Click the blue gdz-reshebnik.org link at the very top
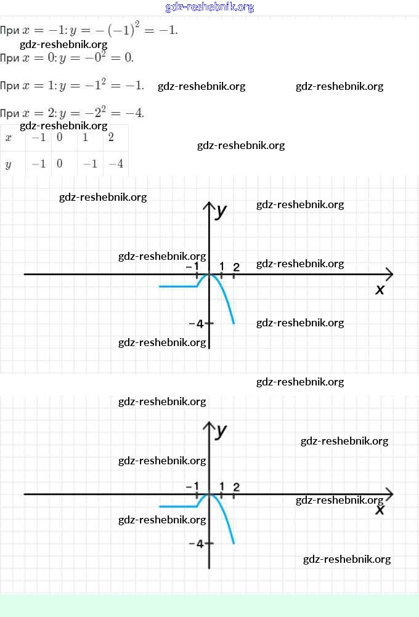(209, 7)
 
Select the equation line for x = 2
(72, 112)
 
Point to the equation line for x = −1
(89, 30)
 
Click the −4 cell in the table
(115, 164)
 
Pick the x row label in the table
(8, 137)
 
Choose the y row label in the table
(8, 164)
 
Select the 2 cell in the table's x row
(111, 137)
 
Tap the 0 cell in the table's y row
(60, 164)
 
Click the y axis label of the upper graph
(222, 211)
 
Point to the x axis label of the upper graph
(380, 289)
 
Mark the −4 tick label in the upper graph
(196, 324)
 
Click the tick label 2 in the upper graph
(236, 266)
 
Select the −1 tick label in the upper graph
(192, 266)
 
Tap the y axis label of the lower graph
(222, 430)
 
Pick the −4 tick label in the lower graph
(196, 544)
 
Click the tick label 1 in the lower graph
(222, 486)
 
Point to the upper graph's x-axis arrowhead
(389, 274)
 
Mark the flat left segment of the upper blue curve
(177, 286)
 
